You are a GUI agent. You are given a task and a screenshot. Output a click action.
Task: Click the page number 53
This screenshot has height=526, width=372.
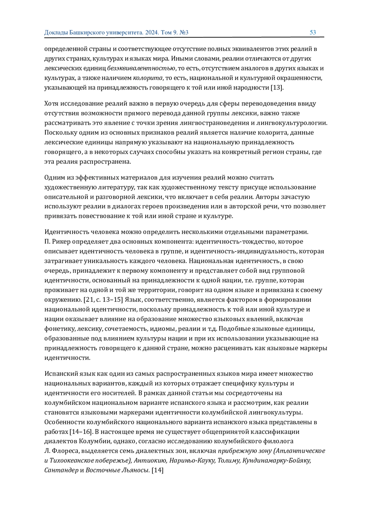tap(313, 33)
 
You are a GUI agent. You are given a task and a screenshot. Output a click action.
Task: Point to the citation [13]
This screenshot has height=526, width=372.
tap(277, 88)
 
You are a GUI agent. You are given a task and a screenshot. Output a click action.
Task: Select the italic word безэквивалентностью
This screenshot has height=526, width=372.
tap(142, 68)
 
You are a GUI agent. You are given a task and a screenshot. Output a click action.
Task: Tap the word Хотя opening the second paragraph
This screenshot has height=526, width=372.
tap(52, 104)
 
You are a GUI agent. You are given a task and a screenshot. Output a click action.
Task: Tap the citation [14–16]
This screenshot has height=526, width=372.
tap(80, 432)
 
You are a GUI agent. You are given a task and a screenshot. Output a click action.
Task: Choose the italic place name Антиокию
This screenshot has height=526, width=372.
tap(149, 461)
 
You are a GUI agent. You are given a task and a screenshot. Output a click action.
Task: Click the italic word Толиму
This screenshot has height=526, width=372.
tap(229, 461)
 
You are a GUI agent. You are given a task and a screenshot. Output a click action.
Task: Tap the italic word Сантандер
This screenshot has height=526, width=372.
tap(61, 471)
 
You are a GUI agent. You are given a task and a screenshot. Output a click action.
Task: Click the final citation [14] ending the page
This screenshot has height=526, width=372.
tap(157, 471)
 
